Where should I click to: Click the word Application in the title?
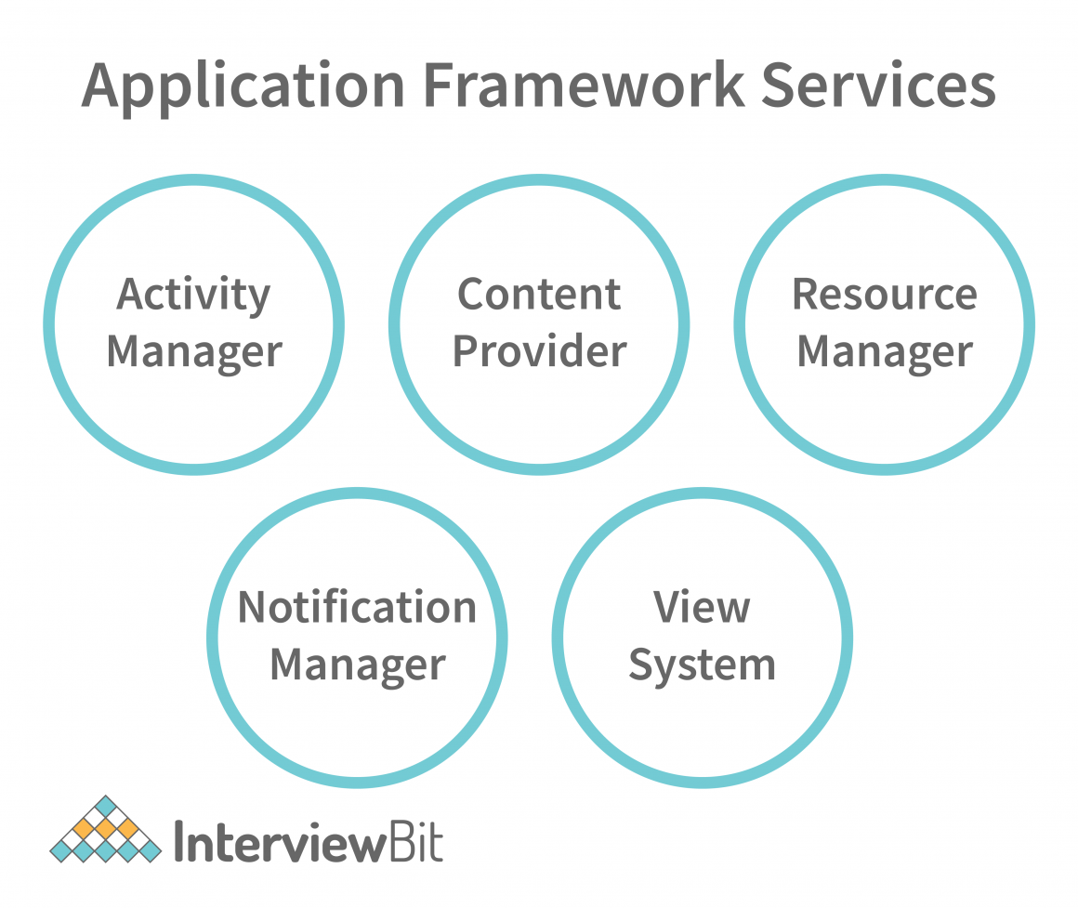point(243,86)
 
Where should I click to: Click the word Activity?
point(193,296)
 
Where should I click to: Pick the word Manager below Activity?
point(193,352)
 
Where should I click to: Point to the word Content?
point(539,295)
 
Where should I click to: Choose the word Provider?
point(539,352)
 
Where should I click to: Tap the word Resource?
point(884,295)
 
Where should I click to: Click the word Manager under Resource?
point(884,352)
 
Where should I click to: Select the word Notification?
point(357,608)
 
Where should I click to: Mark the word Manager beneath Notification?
point(357,665)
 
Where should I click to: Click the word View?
point(702,608)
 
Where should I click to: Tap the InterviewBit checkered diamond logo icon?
point(105,829)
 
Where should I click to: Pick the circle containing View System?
point(702,734)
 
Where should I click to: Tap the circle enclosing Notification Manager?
point(357,734)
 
